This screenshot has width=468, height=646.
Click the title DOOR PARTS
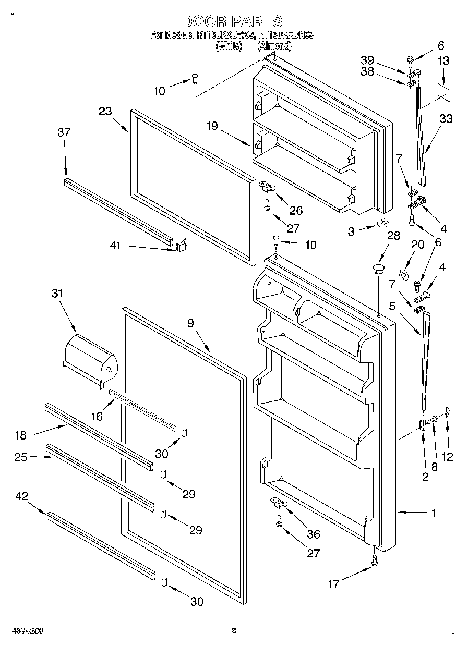pos(232,21)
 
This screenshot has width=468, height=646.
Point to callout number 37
pos(64,132)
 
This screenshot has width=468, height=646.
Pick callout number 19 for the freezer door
pos(211,126)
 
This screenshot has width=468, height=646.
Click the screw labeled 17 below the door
pos(374,559)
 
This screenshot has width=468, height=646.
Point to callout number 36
pos(314,534)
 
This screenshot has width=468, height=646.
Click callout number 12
pos(447,457)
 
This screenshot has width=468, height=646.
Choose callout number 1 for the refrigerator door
pos(433,513)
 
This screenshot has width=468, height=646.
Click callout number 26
pos(296,211)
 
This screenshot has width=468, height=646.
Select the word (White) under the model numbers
pos(229,46)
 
